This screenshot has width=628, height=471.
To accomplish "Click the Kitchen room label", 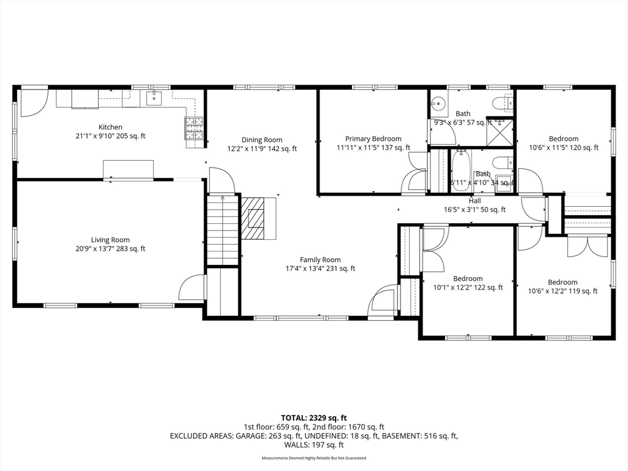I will pos(110,128).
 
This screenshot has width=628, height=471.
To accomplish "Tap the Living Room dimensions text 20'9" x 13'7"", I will pos(110,248).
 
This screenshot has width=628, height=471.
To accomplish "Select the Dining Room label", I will pos(261,140).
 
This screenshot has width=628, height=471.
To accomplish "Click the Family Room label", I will pos(320,259).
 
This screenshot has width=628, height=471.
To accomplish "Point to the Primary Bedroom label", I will pos(373,139).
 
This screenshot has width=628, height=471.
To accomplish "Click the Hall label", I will pos(475,201).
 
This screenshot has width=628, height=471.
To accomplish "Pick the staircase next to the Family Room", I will pos(222,230).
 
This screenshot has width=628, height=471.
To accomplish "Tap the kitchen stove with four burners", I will pos(193,129).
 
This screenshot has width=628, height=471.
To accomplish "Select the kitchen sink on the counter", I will pos(153,98).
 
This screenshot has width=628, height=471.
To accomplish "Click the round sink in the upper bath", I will pos(438,104).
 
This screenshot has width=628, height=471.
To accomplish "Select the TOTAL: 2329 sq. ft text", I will pos(313,418).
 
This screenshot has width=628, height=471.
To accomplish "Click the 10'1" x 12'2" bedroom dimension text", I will pos(469,287).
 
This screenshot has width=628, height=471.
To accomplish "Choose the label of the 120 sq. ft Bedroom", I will pos(563,139).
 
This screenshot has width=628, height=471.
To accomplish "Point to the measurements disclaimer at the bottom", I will pos(313,458).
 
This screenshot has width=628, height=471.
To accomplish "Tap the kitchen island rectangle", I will pos(128,169).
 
